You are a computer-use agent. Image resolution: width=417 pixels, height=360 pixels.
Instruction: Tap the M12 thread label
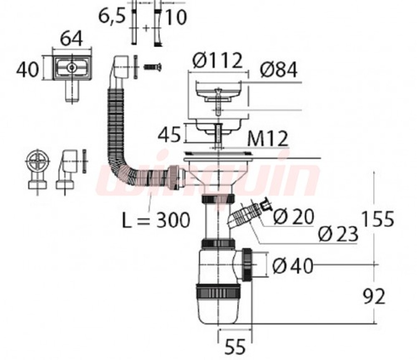(x=268, y=138)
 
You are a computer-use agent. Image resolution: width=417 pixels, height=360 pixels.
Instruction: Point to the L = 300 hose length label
(x=156, y=220)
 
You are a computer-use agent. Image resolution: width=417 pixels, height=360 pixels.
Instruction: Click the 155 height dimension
(x=378, y=219)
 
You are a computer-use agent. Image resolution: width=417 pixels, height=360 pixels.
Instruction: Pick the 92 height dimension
(x=374, y=296)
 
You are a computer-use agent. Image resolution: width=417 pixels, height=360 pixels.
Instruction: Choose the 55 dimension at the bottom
(x=235, y=346)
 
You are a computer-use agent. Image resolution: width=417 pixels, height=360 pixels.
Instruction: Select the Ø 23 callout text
(x=338, y=234)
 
